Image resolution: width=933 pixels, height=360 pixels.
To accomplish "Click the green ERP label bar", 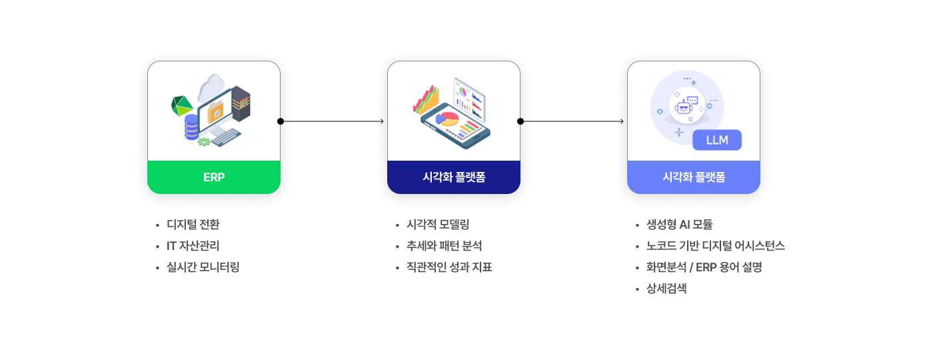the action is coord(214,177).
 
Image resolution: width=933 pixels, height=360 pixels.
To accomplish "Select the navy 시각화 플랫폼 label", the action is coord(454,177).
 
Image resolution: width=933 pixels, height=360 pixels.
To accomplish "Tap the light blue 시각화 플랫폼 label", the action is coord(694,177).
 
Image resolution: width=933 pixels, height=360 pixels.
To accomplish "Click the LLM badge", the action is coord(717,140).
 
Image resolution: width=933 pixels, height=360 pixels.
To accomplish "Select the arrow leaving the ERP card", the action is coord(332,121).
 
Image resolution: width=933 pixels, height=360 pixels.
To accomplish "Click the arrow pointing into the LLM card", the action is coord(572,121).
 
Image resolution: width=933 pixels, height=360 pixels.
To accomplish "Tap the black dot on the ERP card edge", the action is coord(281,121).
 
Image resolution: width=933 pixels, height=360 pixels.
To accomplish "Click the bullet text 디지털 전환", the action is coord(193,225).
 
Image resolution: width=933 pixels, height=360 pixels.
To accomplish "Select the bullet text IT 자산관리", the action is coord(193,246).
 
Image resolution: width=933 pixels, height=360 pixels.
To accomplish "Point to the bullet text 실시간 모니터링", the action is coord(203,267).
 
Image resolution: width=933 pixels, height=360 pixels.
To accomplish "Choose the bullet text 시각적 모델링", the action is coord(438,225).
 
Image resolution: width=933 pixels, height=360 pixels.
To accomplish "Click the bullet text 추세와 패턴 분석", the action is coord(444,246).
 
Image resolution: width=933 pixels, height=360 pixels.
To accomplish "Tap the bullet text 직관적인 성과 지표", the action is coord(449,267).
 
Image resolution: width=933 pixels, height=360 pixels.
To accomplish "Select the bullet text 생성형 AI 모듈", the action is coord(679,225).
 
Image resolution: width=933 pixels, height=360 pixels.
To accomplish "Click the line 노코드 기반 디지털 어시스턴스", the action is coord(716,246).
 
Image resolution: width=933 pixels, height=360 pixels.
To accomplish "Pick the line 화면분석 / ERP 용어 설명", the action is coord(704,267).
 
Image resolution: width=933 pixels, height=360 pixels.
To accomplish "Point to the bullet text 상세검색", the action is coord(666,288).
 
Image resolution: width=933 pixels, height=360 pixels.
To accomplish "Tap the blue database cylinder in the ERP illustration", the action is coord(191,127).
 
